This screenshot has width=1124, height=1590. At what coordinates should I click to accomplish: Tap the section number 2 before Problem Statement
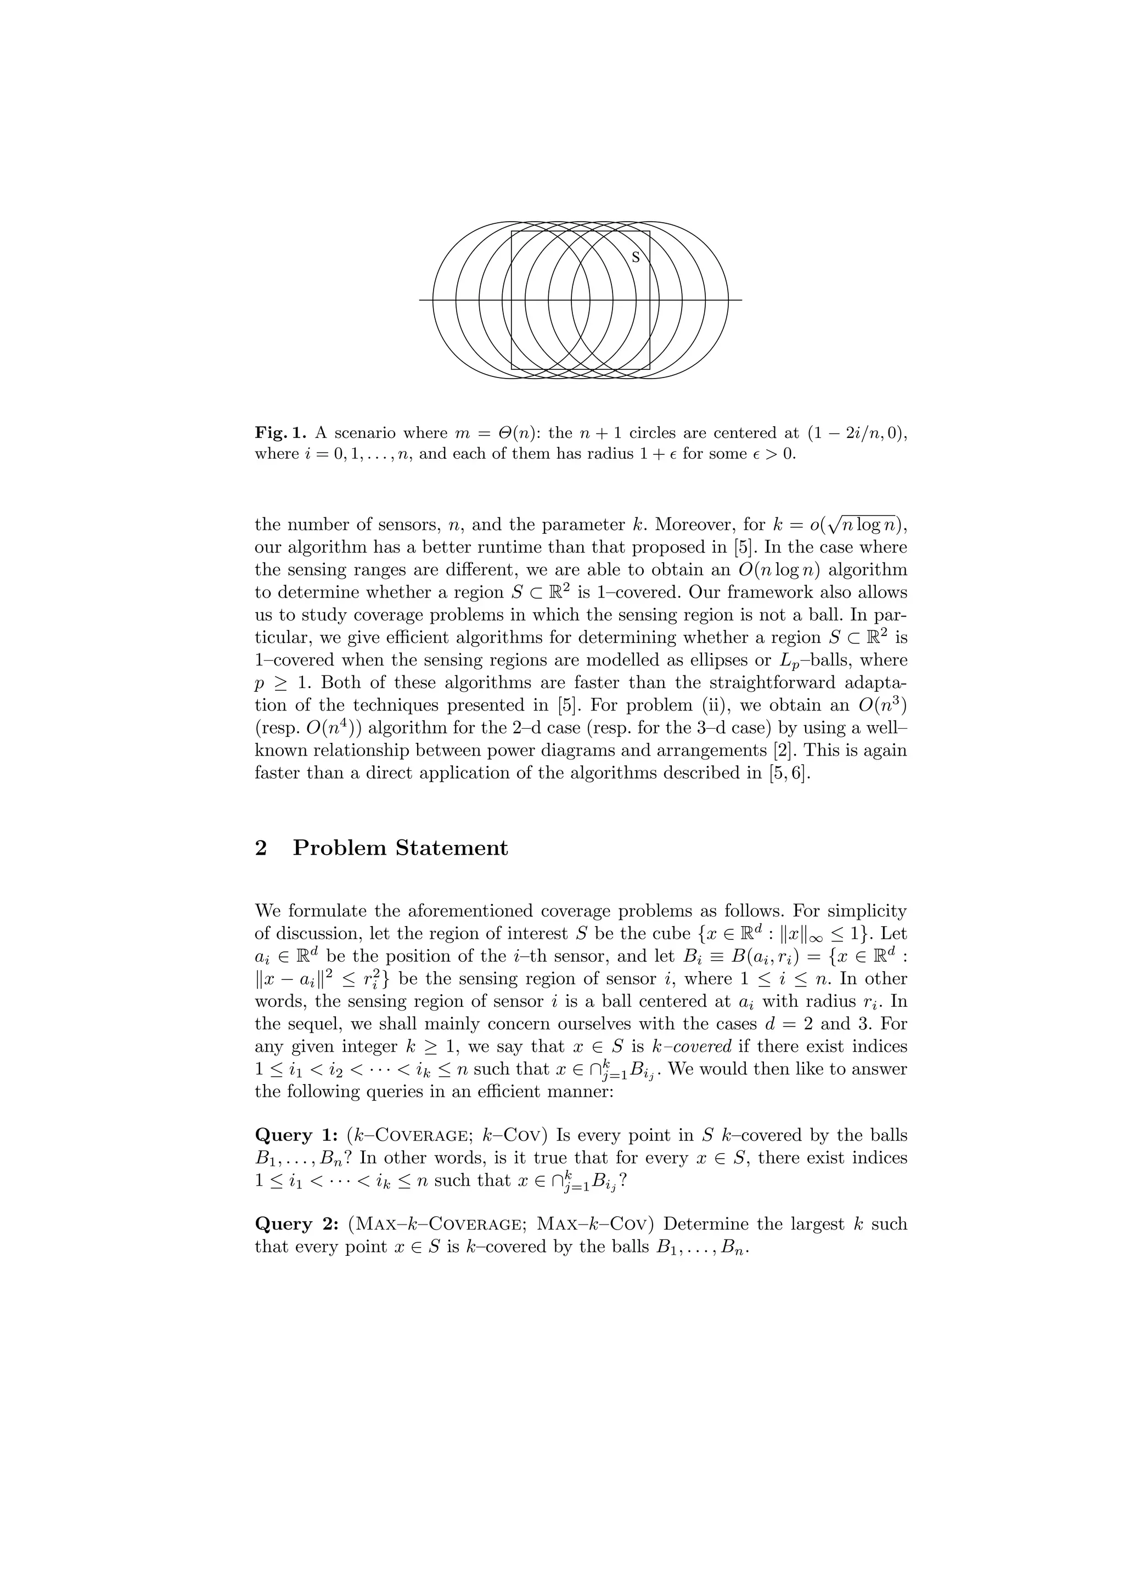[261, 848]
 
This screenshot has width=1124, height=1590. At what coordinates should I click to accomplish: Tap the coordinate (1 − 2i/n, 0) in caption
[856, 433]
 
